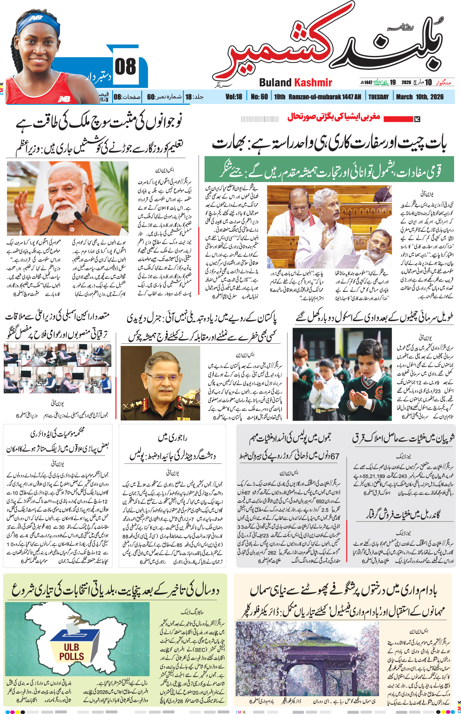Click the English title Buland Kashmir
point(295,83)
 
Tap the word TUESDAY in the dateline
point(378,97)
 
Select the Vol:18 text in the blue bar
point(233,97)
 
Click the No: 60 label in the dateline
point(259,97)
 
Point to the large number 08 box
point(126,67)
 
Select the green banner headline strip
point(329,169)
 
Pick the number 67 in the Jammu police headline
point(335,456)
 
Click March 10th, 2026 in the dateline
point(420,97)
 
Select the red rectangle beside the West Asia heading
point(397,119)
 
